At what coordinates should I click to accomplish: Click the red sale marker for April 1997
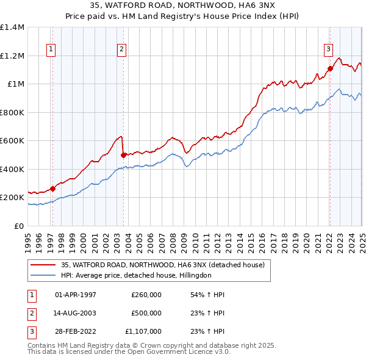click(52, 189)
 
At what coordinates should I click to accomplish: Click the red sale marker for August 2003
click(124, 155)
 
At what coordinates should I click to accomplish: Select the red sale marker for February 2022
click(330, 69)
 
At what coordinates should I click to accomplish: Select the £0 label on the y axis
click(19, 226)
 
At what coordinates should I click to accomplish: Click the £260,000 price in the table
click(146, 295)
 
